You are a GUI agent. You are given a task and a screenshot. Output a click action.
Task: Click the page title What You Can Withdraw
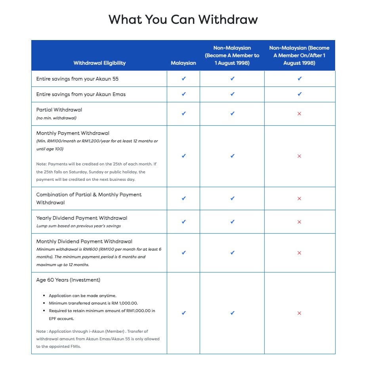click(183, 19)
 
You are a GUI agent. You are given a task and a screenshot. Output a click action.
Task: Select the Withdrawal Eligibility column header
click(99, 63)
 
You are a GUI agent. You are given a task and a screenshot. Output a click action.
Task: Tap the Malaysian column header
click(183, 63)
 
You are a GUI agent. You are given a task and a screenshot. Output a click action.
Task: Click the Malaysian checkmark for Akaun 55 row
click(183, 79)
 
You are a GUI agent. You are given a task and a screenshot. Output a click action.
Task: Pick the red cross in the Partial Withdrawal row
click(300, 114)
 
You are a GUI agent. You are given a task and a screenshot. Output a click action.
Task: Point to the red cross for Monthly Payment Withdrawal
click(300, 156)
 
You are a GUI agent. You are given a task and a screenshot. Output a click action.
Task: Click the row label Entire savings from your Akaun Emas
click(81, 94)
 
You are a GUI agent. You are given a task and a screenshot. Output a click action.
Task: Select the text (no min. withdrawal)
click(56, 118)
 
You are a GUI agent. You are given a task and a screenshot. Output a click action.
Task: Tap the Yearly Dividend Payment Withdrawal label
click(82, 218)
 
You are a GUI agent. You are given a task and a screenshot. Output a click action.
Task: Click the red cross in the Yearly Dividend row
click(300, 222)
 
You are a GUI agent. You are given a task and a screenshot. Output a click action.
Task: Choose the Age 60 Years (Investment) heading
click(68, 280)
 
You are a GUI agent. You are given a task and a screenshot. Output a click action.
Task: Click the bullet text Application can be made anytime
click(82, 295)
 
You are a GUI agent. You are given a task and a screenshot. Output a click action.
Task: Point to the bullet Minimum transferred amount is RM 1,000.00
click(93, 303)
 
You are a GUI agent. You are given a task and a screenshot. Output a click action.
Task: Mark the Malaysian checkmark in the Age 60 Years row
click(183, 313)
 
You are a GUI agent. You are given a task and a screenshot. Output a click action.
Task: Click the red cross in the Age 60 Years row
click(300, 313)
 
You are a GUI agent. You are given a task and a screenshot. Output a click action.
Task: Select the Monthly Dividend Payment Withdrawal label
click(84, 241)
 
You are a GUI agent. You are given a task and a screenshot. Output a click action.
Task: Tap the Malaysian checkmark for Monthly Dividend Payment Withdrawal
click(183, 253)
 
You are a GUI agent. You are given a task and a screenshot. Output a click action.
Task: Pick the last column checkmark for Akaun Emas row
click(300, 94)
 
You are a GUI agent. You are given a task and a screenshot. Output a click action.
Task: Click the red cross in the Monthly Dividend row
click(300, 253)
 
